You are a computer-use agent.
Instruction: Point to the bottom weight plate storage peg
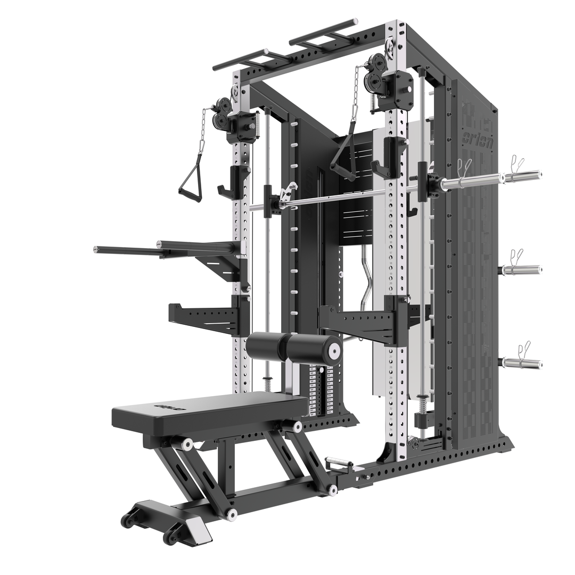tap(522, 364)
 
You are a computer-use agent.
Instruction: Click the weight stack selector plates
tap(320, 389)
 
